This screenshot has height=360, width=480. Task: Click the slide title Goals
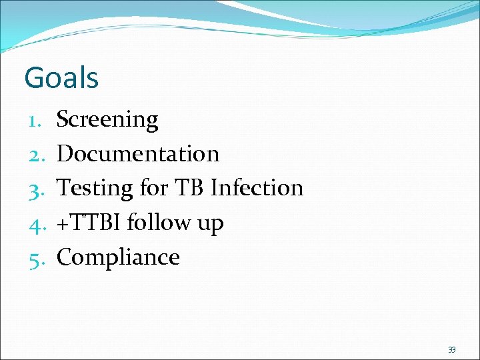point(61,78)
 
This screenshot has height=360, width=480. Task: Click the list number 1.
point(35,120)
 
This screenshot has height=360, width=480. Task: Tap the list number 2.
point(35,155)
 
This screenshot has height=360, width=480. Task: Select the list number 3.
point(35,189)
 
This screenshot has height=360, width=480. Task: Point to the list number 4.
point(35,223)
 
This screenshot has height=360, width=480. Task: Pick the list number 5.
point(35,258)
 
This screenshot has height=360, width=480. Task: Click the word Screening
point(107,120)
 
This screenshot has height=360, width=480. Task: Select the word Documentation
point(138,154)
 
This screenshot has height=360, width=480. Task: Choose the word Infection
point(257,188)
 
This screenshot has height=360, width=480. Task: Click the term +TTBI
point(89,223)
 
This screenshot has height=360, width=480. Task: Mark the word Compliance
point(118,257)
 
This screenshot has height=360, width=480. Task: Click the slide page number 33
point(451,349)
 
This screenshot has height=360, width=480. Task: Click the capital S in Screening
point(63,120)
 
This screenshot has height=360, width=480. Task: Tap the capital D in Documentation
point(65,154)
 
